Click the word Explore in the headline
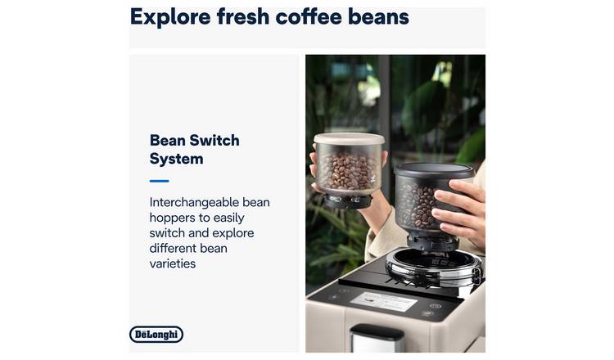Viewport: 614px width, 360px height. coord(170,18)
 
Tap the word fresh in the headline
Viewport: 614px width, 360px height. coord(243,17)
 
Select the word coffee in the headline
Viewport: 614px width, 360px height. coord(309,17)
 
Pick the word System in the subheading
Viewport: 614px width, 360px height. coord(176,159)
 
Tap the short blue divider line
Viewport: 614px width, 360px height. coord(159,181)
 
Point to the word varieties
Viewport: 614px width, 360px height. coord(172,263)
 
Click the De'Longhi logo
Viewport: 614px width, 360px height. coord(156,334)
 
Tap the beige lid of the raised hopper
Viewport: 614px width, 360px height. coord(349,138)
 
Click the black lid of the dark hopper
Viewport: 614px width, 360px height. coord(434,171)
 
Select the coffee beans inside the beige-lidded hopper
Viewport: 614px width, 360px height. coord(347,171)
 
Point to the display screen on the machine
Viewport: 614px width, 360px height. coord(383,301)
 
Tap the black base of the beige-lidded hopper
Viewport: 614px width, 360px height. coord(347,200)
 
